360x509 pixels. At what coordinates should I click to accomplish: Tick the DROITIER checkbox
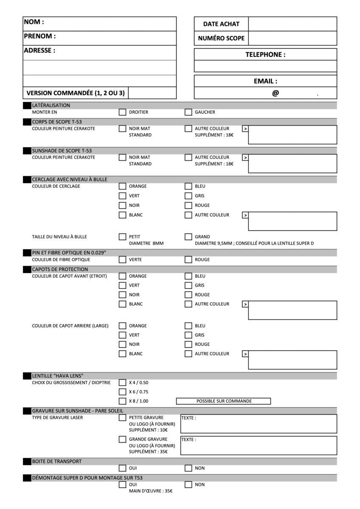(x=122, y=112)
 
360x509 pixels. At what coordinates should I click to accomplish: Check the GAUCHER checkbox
(x=188, y=112)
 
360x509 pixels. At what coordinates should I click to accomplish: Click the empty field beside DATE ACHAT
(x=292, y=24)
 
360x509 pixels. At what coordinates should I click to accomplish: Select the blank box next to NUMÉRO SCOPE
(x=292, y=38)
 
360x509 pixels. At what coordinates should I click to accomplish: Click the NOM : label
(x=34, y=22)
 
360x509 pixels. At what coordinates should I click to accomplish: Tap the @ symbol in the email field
(x=276, y=93)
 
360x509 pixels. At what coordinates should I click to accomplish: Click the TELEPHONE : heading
(x=265, y=55)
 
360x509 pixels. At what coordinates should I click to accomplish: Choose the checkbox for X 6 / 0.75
(x=122, y=392)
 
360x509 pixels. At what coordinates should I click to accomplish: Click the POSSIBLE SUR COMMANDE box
(x=223, y=401)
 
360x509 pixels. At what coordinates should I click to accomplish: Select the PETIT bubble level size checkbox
(x=122, y=237)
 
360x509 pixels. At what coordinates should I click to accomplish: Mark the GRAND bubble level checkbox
(x=188, y=237)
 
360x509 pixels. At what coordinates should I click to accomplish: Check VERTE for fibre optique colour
(x=122, y=260)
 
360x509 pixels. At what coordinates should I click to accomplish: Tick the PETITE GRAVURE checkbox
(x=122, y=418)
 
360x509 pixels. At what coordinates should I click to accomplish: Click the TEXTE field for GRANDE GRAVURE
(x=259, y=445)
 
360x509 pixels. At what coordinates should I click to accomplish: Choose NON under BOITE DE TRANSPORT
(x=188, y=468)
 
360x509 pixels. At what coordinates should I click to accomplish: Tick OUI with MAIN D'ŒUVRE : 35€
(x=122, y=484)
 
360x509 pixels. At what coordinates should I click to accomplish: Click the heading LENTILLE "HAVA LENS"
(x=58, y=376)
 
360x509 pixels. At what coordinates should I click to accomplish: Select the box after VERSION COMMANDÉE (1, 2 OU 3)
(x=152, y=93)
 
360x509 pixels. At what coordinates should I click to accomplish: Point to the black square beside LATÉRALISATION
(x=27, y=106)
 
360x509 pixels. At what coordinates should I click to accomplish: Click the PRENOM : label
(x=40, y=36)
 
